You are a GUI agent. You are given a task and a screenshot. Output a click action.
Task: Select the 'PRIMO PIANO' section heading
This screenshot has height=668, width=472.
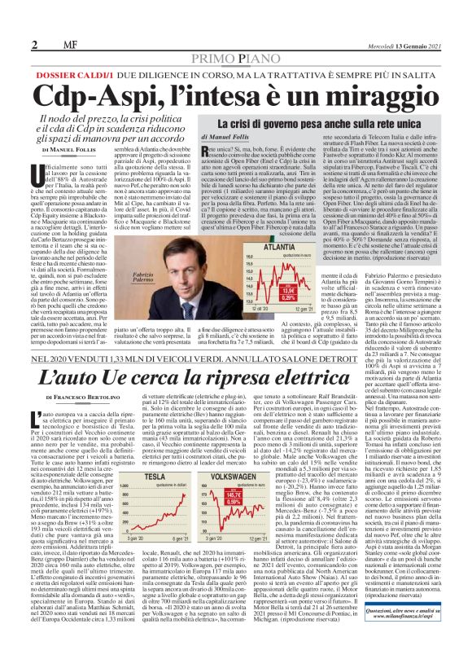click(235, 37)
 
